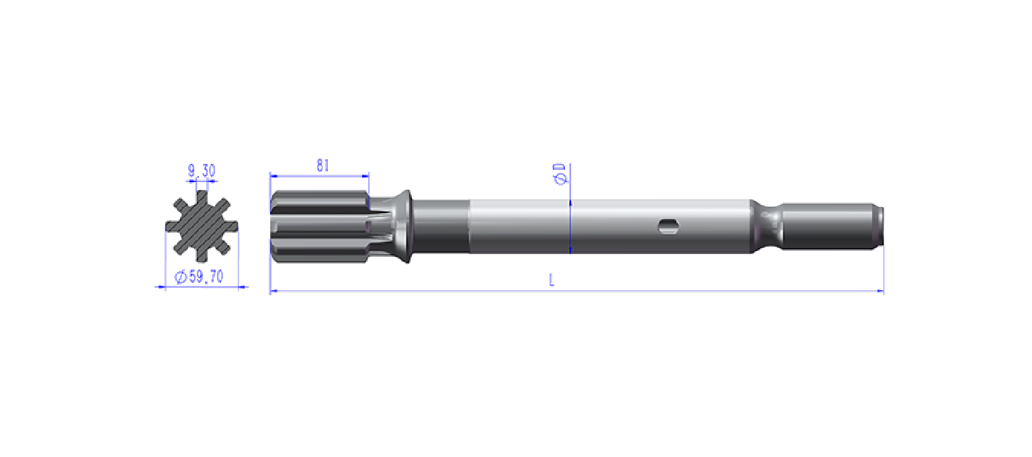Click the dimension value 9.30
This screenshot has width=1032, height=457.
[202, 171]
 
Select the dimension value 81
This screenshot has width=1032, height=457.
[322, 165]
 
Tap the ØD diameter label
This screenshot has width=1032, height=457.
[560, 173]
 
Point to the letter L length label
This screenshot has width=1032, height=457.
[552, 280]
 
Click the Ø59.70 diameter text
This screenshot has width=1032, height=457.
[199, 277]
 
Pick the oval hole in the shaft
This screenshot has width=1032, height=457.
[668, 226]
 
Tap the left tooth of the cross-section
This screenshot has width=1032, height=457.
[173, 226]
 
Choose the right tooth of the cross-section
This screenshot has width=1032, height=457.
[231, 226]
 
